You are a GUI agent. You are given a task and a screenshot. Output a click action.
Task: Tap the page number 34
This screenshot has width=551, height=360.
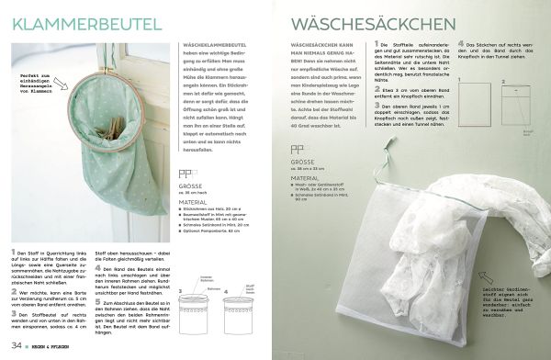[x=17, y=344]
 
